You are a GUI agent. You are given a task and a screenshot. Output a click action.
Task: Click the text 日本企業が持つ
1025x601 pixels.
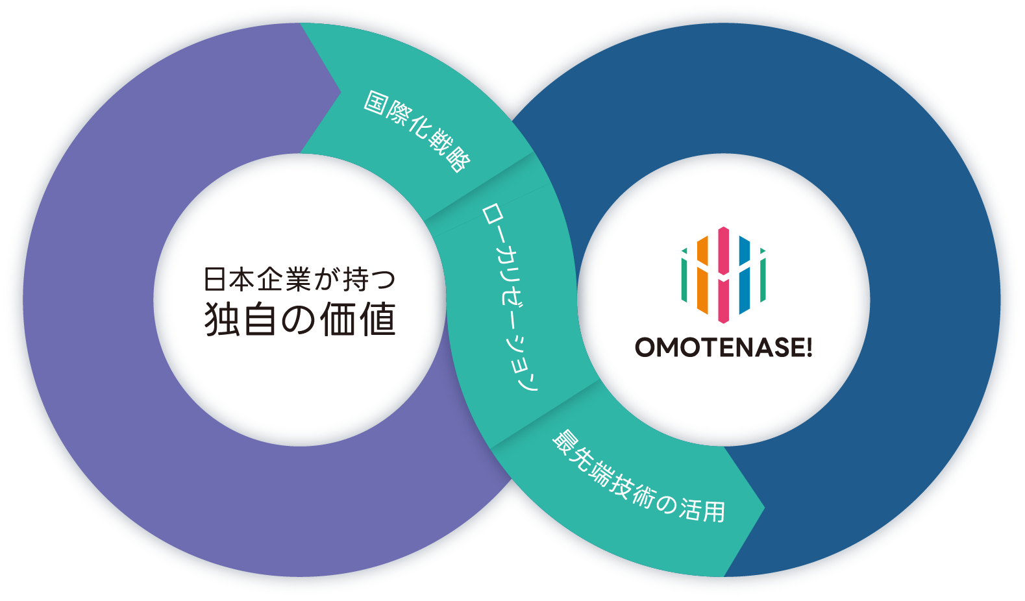[x=299, y=280]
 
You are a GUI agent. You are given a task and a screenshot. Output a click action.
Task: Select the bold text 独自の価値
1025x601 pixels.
[x=299, y=319]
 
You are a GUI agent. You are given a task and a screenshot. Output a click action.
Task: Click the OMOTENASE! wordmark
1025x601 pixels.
[x=723, y=347]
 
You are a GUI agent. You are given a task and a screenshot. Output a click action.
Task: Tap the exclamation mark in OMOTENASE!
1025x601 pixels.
[x=808, y=347]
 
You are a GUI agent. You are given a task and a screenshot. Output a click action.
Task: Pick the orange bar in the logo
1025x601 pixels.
[x=702, y=275]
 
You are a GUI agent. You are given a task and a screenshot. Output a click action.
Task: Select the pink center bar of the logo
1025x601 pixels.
[x=724, y=275]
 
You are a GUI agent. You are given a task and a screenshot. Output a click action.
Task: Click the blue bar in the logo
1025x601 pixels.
[x=745, y=275]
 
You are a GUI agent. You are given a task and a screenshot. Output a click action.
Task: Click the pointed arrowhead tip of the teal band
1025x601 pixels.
[x=763, y=508]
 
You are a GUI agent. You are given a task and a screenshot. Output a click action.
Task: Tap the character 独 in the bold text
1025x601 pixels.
[x=223, y=319]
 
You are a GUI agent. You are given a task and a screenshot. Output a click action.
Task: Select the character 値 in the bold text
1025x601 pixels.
[x=377, y=319]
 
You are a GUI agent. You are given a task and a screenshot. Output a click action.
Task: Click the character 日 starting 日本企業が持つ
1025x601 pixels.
[x=215, y=280]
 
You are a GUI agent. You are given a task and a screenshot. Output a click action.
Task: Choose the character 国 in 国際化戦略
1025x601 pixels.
[x=375, y=103]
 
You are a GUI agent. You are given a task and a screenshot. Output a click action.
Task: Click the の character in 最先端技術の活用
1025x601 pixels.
[x=666, y=502]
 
